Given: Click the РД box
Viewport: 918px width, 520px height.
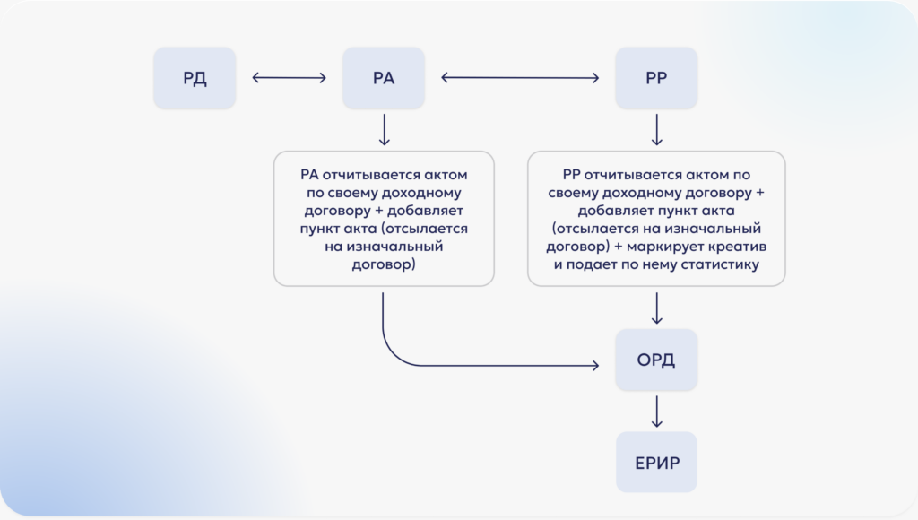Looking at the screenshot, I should [195, 78].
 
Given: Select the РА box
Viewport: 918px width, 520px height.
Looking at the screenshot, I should [384, 78].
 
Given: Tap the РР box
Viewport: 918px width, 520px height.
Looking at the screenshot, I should [656, 78].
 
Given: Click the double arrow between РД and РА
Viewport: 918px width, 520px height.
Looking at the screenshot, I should [290, 78].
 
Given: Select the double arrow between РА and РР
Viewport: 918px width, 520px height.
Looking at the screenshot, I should [520, 78].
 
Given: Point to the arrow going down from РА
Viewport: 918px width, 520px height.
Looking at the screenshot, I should [384, 130].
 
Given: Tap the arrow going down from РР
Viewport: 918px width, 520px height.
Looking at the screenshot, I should [656, 130].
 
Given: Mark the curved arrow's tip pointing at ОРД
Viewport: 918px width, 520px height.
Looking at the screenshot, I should [595, 365].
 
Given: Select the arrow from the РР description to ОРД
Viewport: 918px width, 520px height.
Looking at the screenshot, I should [656, 308].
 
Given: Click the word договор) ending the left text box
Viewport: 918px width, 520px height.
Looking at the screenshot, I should [384, 264].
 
